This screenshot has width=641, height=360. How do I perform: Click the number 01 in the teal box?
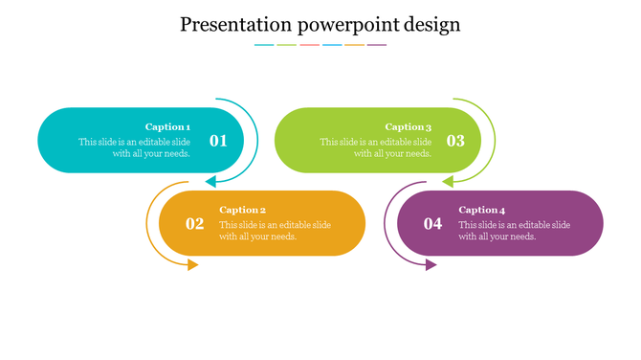coord(218,141)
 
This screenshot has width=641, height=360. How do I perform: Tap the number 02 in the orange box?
coord(195,224)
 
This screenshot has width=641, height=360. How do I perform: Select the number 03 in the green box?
coord(455,141)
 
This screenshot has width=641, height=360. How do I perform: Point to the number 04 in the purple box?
coord(433,224)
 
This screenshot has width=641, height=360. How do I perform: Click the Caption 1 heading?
coord(167,126)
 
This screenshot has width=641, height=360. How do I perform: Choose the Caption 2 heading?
coord(242,210)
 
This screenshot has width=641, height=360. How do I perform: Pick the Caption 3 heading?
coord(409,126)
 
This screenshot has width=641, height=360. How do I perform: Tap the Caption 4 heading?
coord(481,210)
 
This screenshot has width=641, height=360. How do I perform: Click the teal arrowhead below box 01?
coord(211,181)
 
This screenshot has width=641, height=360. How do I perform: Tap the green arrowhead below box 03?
coord(447,181)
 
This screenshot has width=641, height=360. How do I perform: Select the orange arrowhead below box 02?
coord(193,264)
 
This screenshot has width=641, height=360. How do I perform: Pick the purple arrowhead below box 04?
coord(431,264)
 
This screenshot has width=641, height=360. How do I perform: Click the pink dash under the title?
coord(309,45)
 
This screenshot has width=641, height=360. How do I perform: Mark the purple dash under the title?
coord(377,45)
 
